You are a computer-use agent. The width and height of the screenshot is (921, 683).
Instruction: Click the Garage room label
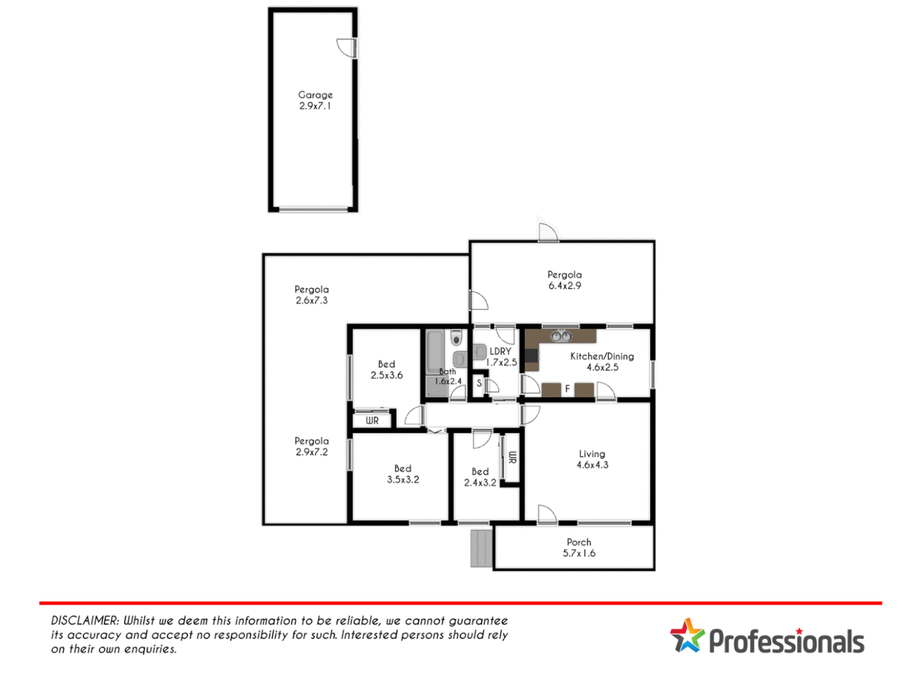tap(315, 101)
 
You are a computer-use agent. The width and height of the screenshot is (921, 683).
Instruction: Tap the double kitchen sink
tap(560, 336)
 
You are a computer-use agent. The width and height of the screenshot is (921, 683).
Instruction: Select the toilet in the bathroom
tap(456, 338)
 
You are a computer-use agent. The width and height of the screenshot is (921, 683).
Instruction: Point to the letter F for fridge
tap(567, 389)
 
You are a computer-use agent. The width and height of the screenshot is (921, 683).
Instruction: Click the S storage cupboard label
tap(479, 383)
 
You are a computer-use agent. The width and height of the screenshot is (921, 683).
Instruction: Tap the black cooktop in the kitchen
tap(531, 359)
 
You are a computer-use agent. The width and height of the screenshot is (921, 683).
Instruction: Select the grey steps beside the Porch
tap(481, 548)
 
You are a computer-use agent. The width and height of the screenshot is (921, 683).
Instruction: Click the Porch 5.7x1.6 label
tap(579, 548)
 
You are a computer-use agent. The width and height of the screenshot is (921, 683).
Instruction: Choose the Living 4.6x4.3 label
tap(592, 459)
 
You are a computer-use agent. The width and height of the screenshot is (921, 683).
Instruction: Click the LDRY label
tap(500, 352)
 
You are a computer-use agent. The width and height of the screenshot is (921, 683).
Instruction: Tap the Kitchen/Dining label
tap(602, 357)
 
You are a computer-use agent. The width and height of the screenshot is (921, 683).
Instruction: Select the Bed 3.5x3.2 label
tap(403, 474)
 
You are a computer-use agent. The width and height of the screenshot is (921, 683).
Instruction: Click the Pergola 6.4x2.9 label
tap(564, 280)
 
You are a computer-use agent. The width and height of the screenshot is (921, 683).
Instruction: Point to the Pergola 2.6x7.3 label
tap(311, 295)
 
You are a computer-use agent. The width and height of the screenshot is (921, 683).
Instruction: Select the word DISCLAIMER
tap(85, 621)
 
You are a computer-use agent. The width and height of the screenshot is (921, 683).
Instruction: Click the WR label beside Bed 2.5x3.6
tap(372, 421)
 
